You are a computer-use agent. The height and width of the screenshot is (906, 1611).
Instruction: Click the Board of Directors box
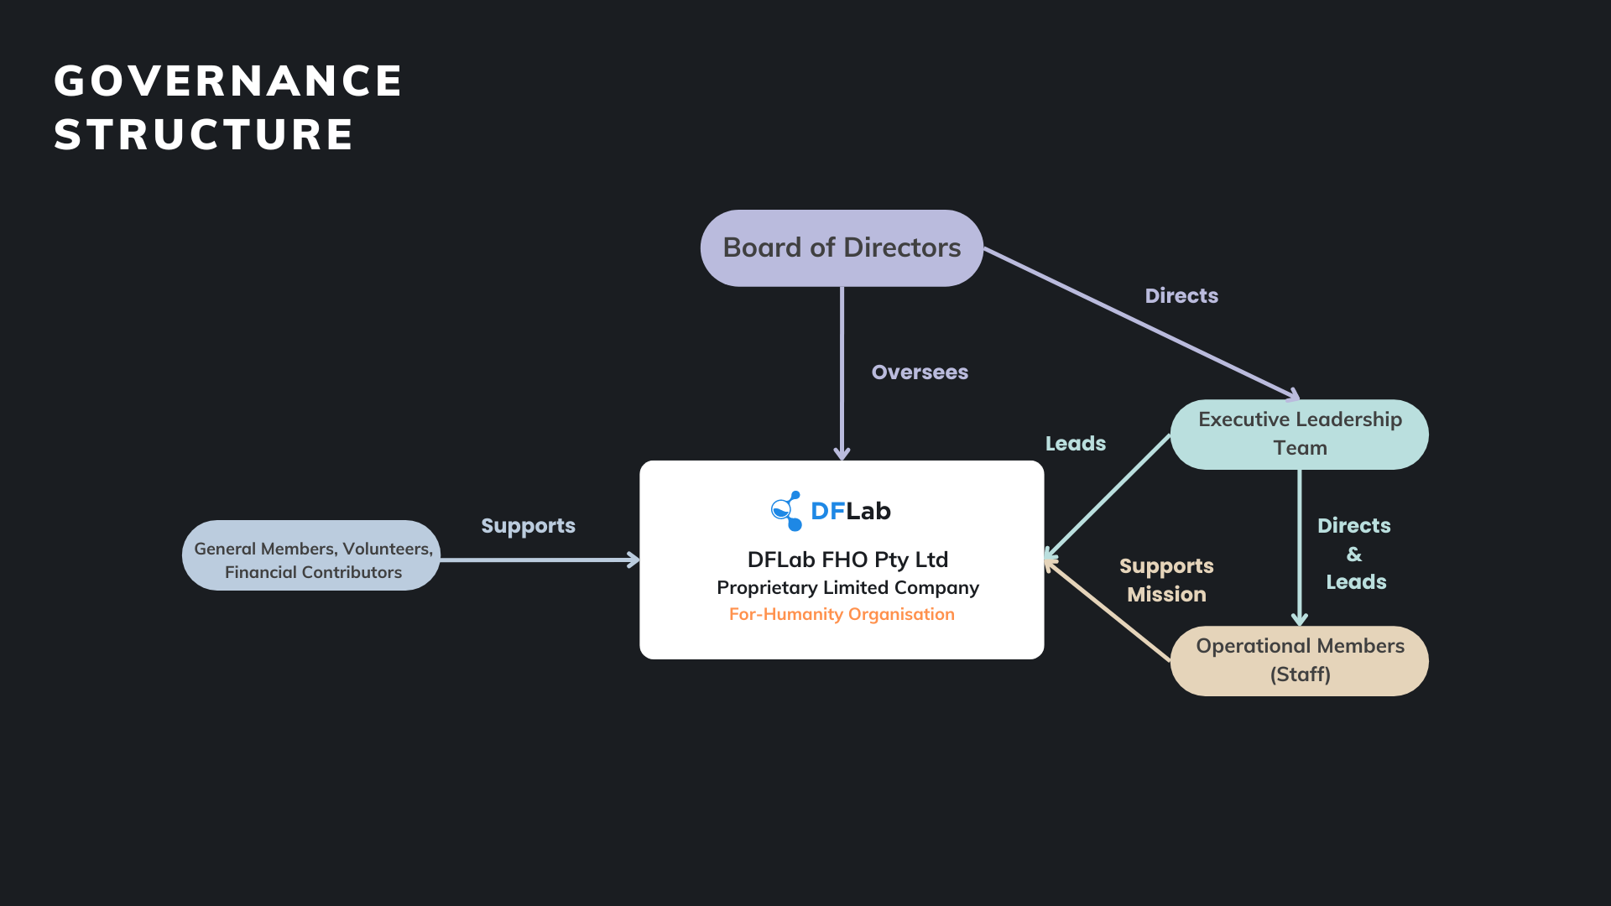click(842, 248)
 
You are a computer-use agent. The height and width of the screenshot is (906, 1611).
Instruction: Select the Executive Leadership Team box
click(1299, 434)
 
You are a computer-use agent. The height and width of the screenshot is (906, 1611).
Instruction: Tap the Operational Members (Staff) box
click(1299, 660)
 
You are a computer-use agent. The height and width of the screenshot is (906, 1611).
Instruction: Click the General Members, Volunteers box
click(311, 555)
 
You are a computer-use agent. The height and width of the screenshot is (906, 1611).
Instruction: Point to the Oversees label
click(920, 372)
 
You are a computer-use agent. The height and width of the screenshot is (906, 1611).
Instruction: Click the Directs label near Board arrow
click(1181, 296)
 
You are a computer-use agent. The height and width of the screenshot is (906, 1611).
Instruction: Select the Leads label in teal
click(1075, 444)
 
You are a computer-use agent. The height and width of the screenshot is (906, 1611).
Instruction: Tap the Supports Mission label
click(1166, 580)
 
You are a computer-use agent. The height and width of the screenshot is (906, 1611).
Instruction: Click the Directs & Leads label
click(1354, 554)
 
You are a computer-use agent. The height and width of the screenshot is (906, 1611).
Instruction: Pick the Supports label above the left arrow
click(528, 526)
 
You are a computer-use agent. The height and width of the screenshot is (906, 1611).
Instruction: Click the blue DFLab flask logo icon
click(786, 511)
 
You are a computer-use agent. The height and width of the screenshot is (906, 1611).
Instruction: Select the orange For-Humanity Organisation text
click(842, 614)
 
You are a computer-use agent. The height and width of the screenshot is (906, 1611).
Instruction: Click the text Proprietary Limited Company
click(847, 587)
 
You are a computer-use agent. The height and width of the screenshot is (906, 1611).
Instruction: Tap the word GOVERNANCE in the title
click(228, 81)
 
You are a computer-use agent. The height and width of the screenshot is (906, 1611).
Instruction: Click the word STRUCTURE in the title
click(204, 135)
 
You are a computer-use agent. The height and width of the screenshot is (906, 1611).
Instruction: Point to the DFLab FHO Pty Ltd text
click(847, 560)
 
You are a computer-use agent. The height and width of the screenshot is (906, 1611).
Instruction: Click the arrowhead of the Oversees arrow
click(842, 454)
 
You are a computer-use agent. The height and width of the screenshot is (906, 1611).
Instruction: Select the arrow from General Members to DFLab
click(537, 560)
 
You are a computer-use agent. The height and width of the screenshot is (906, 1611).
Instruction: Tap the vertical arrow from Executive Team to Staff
click(1299, 545)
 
